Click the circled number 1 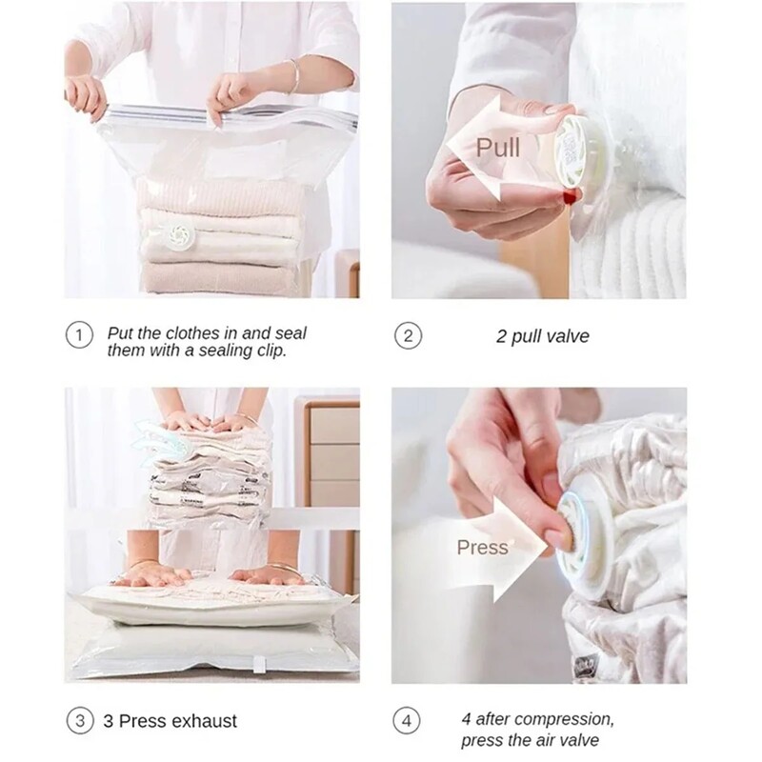79,335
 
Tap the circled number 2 408,336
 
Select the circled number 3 80,720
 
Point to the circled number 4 407,720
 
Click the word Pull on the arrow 497,148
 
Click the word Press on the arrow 482,548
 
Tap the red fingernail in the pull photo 571,196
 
